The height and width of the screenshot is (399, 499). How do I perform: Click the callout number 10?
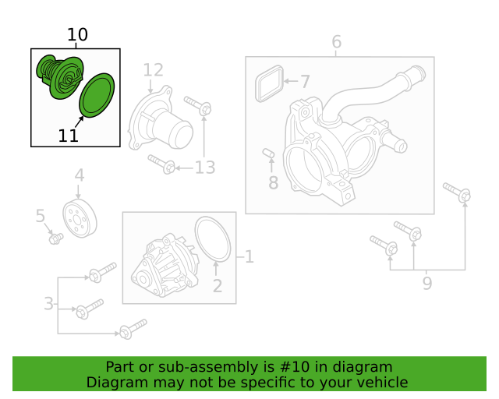pyautogui.click(x=77, y=34)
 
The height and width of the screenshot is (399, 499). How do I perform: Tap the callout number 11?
pyautogui.click(x=68, y=136)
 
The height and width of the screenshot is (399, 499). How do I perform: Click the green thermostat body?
pyautogui.click(x=60, y=77)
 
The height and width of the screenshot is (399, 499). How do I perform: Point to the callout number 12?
pyautogui.click(x=153, y=70)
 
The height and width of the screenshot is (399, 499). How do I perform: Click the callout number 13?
pyautogui.click(x=205, y=168)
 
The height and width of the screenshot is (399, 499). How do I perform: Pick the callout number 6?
pyautogui.click(x=336, y=41)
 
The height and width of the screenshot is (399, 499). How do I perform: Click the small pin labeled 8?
pyautogui.click(x=268, y=153)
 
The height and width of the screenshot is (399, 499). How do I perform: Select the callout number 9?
pyautogui.click(x=427, y=283)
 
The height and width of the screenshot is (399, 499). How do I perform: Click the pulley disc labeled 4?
pyautogui.click(x=80, y=218)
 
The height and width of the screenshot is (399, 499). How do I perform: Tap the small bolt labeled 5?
pyautogui.click(x=56, y=238)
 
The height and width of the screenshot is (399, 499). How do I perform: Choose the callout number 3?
pyautogui.click(x=48, y=304)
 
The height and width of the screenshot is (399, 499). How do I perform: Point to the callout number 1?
pyautogui.click(x=249, y=256)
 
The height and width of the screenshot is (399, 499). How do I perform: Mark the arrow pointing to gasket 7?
pyautogui.click(x=290, y=81)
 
